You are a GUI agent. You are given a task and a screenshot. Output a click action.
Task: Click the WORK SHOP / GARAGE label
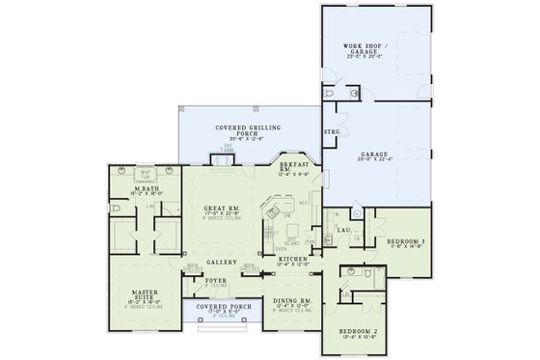pos(364,49)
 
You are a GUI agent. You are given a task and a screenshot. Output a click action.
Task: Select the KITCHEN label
pos(293,260)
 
